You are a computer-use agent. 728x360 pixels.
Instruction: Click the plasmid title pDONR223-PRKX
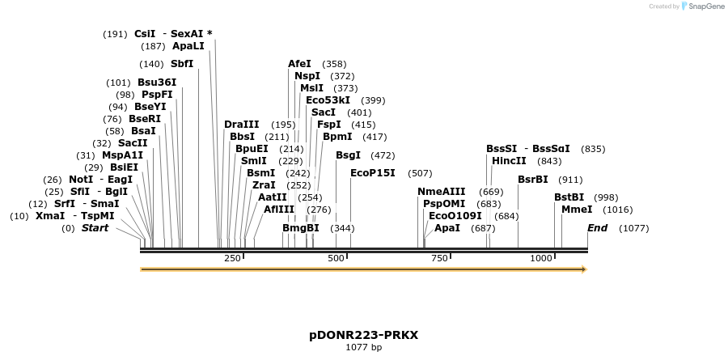coord(363,335)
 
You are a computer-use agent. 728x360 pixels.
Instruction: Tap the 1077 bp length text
coord(363,348)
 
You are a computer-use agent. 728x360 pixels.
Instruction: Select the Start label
coord(95,229)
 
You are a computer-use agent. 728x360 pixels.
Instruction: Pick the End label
coord(597,229)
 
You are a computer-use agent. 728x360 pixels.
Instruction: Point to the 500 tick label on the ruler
coord(336,258)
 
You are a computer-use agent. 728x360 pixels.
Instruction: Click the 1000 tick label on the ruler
coord(540,258)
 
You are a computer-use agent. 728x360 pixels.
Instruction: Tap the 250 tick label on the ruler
coord(232,258)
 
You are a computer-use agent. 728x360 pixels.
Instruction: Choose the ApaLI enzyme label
coord(188,47)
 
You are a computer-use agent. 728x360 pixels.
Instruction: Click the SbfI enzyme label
coord(182,64)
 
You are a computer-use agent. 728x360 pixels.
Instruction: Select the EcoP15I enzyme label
coord(373,173)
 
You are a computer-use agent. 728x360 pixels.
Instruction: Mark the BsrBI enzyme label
coord(534,180)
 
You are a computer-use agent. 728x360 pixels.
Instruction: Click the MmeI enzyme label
coord(577,210)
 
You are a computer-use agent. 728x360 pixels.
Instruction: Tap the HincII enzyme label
coord(509,161)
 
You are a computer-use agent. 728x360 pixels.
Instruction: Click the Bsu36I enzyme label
coord(157,83)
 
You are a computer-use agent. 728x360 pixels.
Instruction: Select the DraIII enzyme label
coord(242,125)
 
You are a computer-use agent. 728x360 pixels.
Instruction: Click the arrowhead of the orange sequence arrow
coord(582,269)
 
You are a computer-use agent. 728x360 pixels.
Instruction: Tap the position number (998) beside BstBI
coord(607,197)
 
